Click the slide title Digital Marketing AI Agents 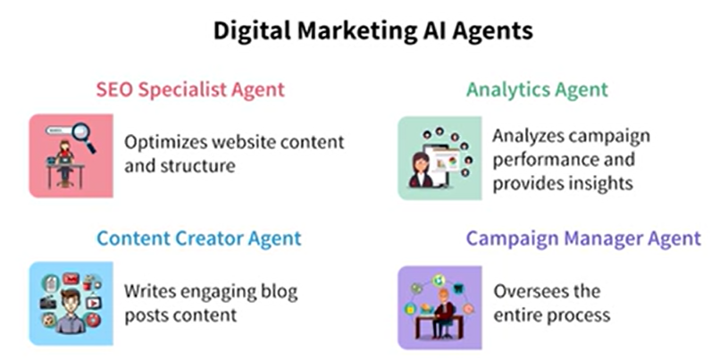coord(372,31)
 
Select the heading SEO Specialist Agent coord(190,89)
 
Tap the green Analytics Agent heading coord(537,89)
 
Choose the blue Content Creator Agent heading coord(198,239)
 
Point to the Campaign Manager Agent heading coord(583,239)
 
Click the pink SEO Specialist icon coord(71,156)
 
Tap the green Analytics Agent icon coord(439,158)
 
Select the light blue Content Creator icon coord(71,304)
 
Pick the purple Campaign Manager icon coord(439,307)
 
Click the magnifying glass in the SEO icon coord(84,136)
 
